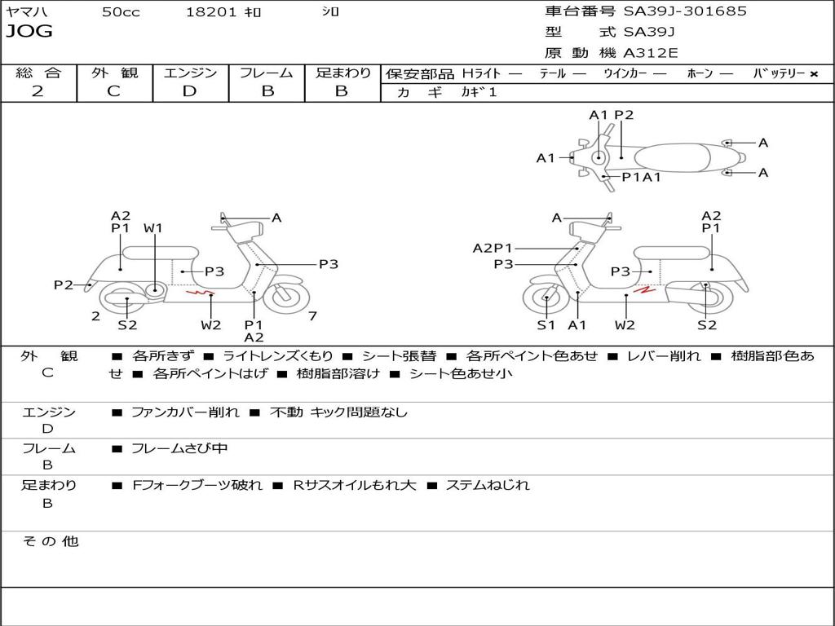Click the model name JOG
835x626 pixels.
[x=29, y=32]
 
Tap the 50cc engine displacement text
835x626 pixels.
[x=121, y=11]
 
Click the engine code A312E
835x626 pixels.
[x=651, y=54]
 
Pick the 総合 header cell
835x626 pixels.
[x=38, y=73]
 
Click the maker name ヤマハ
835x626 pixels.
[x=24, y=11]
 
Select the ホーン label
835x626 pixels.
[x=700, y=73]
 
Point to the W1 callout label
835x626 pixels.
[x=153, y=228]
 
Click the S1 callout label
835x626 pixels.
[x=546, y=324]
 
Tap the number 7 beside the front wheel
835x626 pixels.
[x=313, y=316]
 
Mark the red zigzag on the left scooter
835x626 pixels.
[x=200, y=292]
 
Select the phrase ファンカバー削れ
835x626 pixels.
[x=185, y=412]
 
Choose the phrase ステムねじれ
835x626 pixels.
[x=487, y=485]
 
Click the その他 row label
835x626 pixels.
[x=51, y=541]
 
